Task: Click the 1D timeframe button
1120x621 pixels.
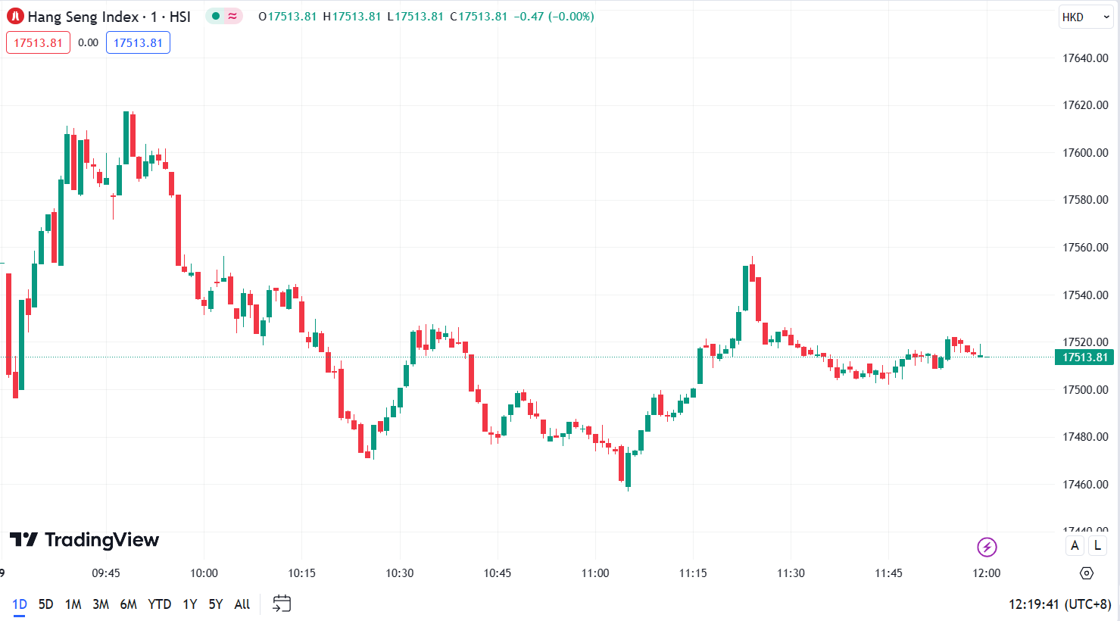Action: (20, 604)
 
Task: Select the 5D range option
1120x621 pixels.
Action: (46, 604)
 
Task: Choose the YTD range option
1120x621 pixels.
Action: (159, 604)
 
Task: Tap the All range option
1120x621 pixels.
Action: (242, 604)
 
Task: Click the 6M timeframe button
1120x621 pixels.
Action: (129, 604)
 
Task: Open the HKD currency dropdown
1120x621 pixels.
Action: (1085, 17)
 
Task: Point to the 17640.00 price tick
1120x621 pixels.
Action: (1085, 58)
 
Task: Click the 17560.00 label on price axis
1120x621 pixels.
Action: (1085, 248)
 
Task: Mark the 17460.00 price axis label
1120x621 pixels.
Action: (1085, 485)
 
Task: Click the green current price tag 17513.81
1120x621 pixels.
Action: (1084, 357)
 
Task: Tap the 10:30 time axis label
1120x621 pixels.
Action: (400, 573)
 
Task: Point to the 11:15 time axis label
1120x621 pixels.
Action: (693, 573)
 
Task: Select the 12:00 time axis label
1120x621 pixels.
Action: (986, 573)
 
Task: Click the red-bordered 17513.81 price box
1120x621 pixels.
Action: (38, 42)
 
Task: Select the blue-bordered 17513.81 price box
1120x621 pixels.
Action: (138, 42)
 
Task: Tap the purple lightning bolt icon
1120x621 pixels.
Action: (987, 547)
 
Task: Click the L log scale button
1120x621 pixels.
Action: (1097, 545)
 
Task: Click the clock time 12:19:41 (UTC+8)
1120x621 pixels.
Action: (1059, 604)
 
